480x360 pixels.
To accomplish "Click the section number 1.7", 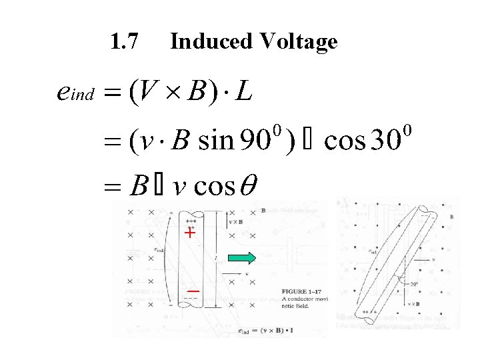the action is tap(124, 42).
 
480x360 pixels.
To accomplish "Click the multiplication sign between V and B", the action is tap(169, 92).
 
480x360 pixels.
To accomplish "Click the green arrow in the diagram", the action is tap(243, 257).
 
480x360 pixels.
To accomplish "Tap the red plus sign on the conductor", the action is tap(190, 233).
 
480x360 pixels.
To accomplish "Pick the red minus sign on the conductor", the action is tap(193, 291).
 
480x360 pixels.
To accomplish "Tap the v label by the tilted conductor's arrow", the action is tap(433, 259).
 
